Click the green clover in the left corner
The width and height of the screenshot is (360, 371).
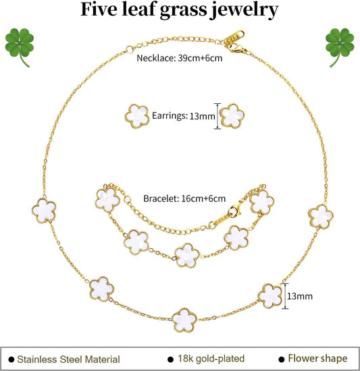click(19, 45)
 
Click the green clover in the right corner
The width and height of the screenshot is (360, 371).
click(340, 45)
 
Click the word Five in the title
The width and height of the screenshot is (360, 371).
click(99, 9)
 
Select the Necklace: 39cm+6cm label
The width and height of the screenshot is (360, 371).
click(180, 58)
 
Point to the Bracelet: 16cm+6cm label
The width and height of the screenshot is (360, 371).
click(184, 198)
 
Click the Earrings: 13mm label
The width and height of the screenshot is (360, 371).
click(184, 116)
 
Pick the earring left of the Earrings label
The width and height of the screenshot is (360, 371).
click(137, 117)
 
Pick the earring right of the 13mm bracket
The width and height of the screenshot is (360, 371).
click(232, 116)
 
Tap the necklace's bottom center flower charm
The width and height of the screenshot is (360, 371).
click(184, 320)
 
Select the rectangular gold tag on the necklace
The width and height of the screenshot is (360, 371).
click(234, 37)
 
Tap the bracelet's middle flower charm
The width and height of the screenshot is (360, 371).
click(187, 256)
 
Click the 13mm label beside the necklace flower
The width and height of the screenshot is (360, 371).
click(300, 296)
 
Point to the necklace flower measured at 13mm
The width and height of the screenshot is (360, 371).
click(270, 296)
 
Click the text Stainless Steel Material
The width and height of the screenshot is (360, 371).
click(68, 360)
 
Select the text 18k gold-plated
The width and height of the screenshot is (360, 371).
click(211, 359)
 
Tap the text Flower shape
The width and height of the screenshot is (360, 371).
click(317, 359)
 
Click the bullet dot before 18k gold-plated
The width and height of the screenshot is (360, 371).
click(170, 360)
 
